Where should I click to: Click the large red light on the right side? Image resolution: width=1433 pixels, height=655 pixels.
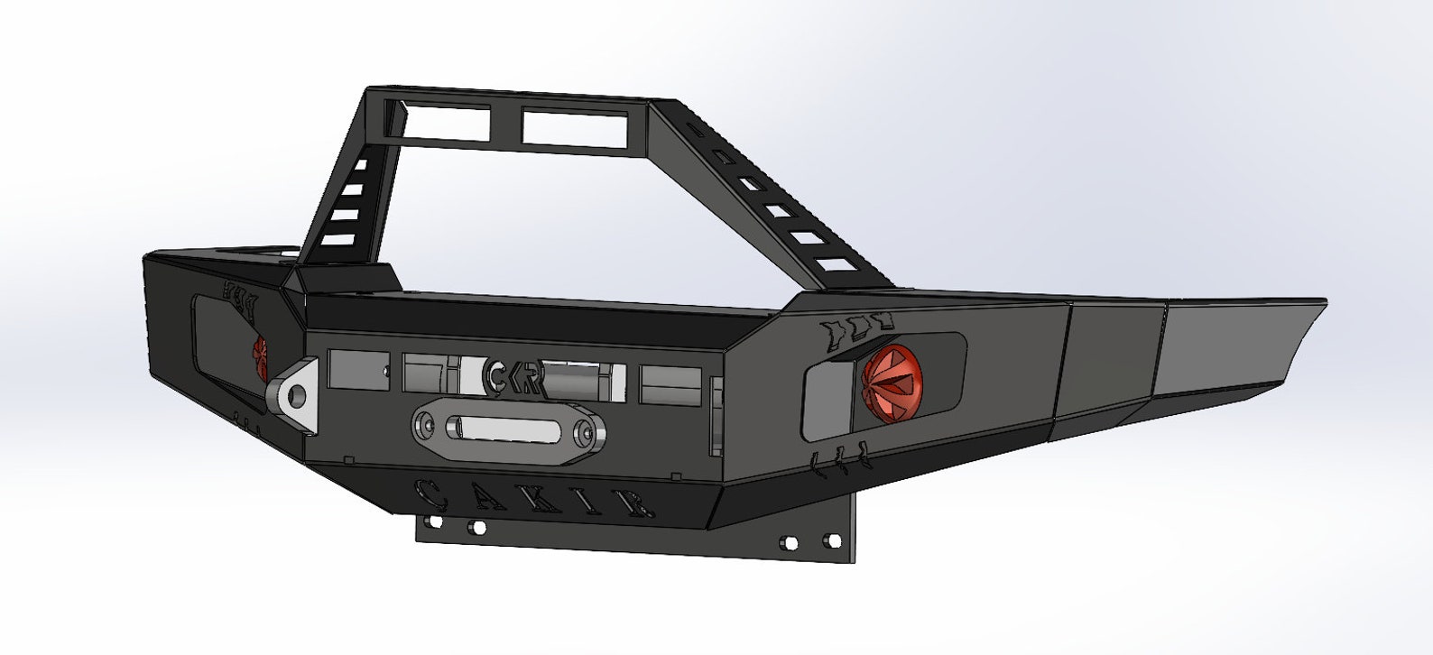tap(892, 382)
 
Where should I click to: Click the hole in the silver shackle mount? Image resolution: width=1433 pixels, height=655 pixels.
tap(294, 393)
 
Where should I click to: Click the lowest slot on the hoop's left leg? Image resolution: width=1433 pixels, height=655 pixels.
tap(337, 240)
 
